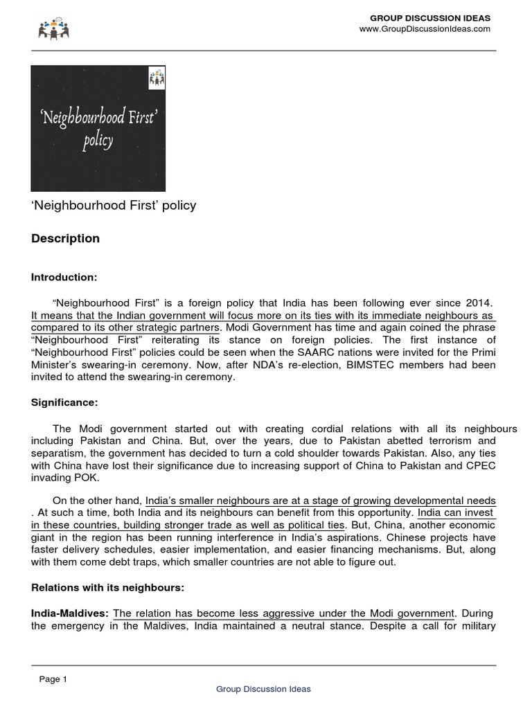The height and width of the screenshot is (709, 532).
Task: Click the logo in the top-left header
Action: [x=54, y=28]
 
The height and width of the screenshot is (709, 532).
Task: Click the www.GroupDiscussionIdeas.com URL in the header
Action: [x=425, y=29]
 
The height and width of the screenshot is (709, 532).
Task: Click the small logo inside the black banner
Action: [x=155, y=78]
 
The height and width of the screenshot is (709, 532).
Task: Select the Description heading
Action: [x=65, y=239]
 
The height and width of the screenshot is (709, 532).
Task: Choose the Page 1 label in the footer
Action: [x=53, y=679]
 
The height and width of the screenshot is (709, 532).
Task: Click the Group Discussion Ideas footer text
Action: [x=263, y=689]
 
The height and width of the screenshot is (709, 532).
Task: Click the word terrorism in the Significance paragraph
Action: [x=449, y=440]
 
